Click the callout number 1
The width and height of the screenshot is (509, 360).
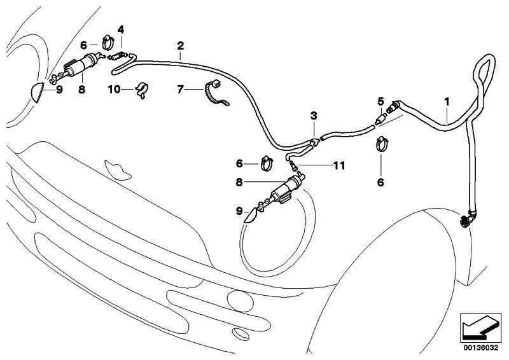(447, 101)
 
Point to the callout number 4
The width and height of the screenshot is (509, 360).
(121, 29)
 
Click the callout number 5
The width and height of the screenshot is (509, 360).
(380, 101)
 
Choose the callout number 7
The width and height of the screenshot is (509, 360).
(181, 90)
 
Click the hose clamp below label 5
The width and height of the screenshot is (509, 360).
(381, 143)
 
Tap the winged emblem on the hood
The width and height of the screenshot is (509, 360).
(116, 169)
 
